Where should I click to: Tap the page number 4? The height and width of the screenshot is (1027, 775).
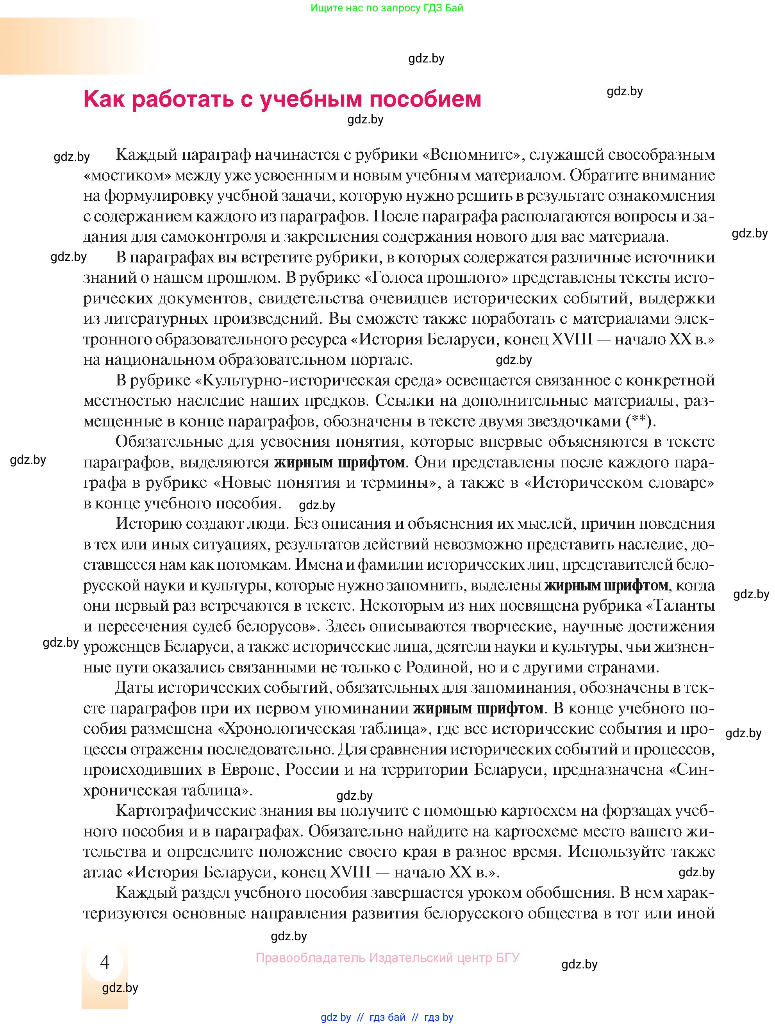(105, 963)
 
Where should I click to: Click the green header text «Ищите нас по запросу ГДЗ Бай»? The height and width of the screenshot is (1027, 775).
(387, 8)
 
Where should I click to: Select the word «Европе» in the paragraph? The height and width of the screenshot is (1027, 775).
(249, 769)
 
